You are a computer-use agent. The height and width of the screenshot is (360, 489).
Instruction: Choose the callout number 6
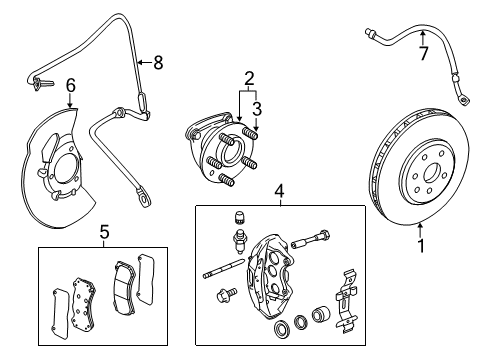click(x=70, y=88)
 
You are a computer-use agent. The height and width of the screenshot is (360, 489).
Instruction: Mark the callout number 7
click(x=423, y=53)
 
